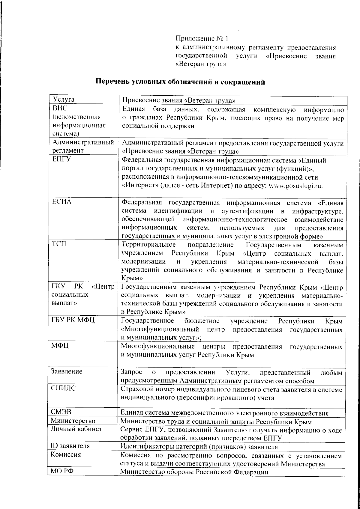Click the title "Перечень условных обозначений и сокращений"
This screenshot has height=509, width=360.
[x=180, y=82]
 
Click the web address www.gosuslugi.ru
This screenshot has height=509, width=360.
[x=295, y=186]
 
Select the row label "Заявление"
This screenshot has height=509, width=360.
[x=66, y=372]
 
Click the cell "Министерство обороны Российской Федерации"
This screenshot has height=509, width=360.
[x=194, y=472]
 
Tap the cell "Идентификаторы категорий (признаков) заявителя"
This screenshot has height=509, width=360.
[x=199, y=447]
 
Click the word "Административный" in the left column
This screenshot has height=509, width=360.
[x=82, y=142]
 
